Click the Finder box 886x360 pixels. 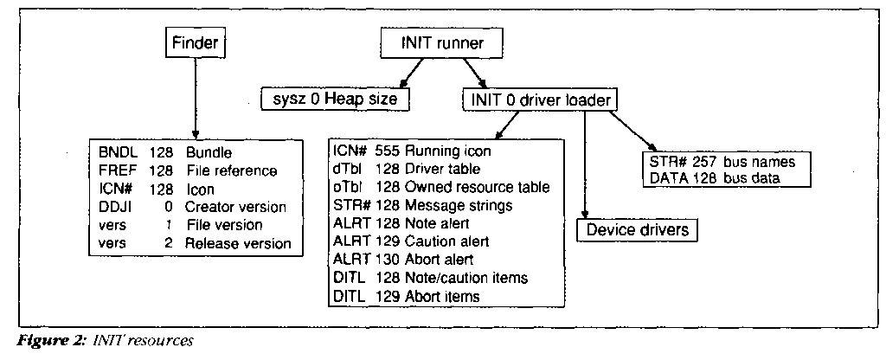[x=195, y=42]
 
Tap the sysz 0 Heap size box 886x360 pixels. [x=334, y=100]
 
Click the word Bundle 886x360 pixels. [x=208, y=151]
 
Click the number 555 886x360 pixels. [x=386, y=150]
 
